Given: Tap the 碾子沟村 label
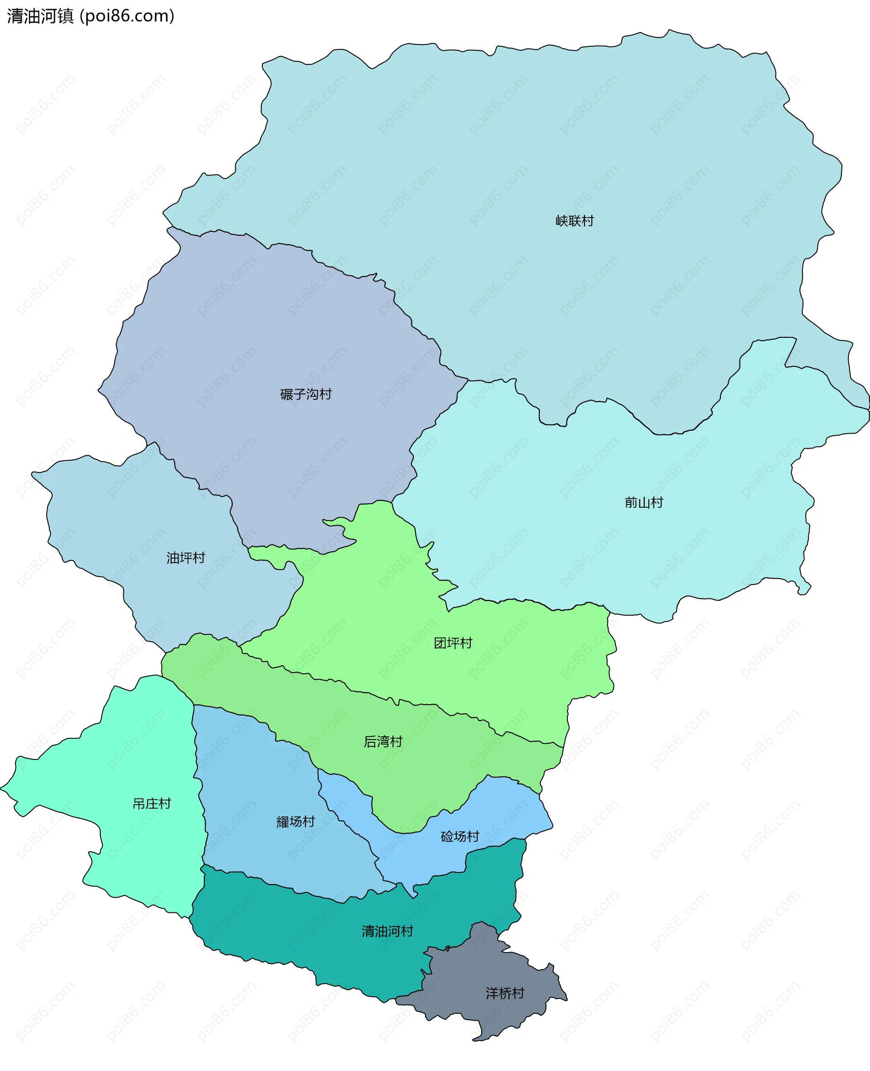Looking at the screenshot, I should click(306, 394).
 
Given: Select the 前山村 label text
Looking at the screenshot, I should click(643, 502).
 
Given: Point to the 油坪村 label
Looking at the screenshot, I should click(185, 558).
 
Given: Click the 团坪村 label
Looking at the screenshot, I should click(453, 643).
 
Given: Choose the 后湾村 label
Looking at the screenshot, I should click(383, 741).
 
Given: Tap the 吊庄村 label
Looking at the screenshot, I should click(151, 804).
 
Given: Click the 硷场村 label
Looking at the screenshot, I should click(459, 836).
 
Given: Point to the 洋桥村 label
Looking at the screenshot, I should click(505, 993).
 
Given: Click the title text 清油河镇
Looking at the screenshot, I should click(40, 16).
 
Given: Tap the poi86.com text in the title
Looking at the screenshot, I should click(127, 16).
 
